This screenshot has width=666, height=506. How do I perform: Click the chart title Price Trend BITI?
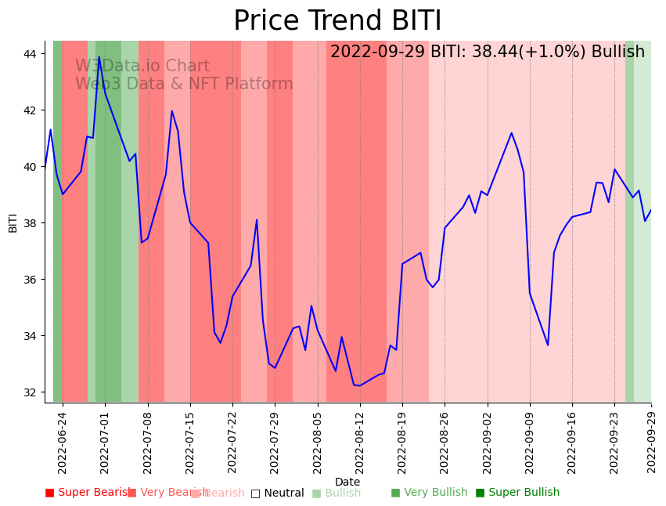coord(337,20)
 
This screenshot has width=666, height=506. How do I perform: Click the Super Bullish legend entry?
coord(517,493)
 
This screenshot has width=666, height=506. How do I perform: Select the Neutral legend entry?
coord(277,493)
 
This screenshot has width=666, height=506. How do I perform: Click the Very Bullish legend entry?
coord(429,493)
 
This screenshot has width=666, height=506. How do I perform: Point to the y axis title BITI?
coord(13,222)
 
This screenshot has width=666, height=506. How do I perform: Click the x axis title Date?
coord(347,483)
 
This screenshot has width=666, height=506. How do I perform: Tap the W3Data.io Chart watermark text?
coord(142,67)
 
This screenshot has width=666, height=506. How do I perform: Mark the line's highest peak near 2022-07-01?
coord(99,56)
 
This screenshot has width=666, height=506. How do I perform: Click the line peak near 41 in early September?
coord(512,133)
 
